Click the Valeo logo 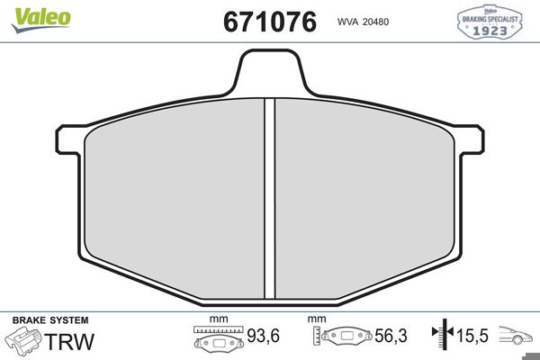40,20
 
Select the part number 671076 270,22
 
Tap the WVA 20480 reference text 363,22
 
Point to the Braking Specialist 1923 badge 490,22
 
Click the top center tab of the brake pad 270,70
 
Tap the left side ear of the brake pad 69,139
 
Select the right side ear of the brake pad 471,139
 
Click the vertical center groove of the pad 270,199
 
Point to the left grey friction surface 175,200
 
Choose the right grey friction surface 364,200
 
